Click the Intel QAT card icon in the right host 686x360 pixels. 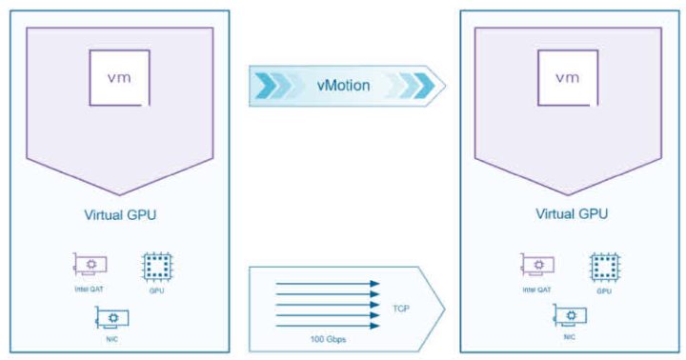tap(535, 264)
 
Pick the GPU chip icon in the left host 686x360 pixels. tap(155, 265)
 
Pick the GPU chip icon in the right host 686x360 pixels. tap(600, 265)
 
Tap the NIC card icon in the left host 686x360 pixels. tap(114, 318)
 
